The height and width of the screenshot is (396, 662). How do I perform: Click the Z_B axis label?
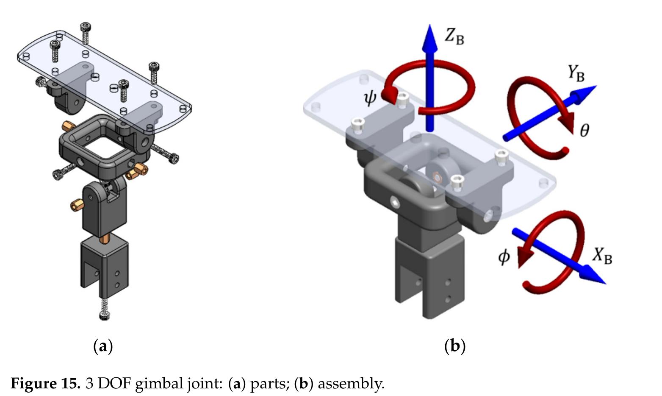click(x=454, y=37)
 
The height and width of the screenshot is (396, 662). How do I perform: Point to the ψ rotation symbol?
click(x=370, y=98)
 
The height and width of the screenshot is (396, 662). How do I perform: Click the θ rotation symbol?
click(x=584, y=131)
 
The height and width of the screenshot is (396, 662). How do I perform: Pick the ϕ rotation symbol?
click(x=504, y=257)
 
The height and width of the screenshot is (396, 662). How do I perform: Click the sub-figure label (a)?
click(x=102, y=346)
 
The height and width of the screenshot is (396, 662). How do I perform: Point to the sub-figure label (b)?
click(x=455, y=346)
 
